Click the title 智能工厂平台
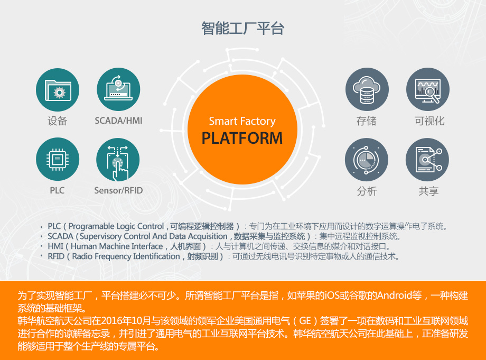click(242, 28)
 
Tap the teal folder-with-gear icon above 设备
click(58, 90)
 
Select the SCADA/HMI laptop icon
click(118, 89)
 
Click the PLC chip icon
click(58, 159)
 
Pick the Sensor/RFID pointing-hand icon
click(118, 160)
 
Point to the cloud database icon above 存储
click(367, 89)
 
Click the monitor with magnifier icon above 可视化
click(428, 89)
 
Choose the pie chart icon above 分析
click(367, 160)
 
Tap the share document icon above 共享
click(427, 160)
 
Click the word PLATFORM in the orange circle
click(242, 138)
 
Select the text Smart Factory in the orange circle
click(242, 121)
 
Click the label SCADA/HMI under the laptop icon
click(118, 121)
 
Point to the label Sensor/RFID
click(118, 190)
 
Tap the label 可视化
click(429, 121)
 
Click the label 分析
click(367, 191)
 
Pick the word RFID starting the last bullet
click(56, 256)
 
